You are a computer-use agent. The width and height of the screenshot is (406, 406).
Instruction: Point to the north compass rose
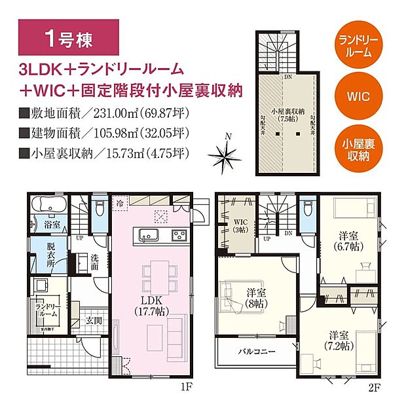(227, 156)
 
